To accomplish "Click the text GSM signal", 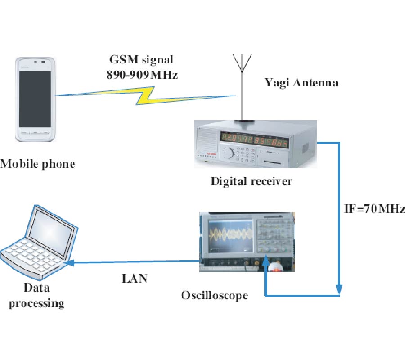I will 142,60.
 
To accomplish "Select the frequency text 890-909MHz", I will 142,75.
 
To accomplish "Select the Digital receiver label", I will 252,182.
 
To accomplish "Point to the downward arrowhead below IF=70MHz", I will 340,287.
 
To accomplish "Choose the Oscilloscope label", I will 215,295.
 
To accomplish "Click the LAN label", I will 135,279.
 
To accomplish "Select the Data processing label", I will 36,295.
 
